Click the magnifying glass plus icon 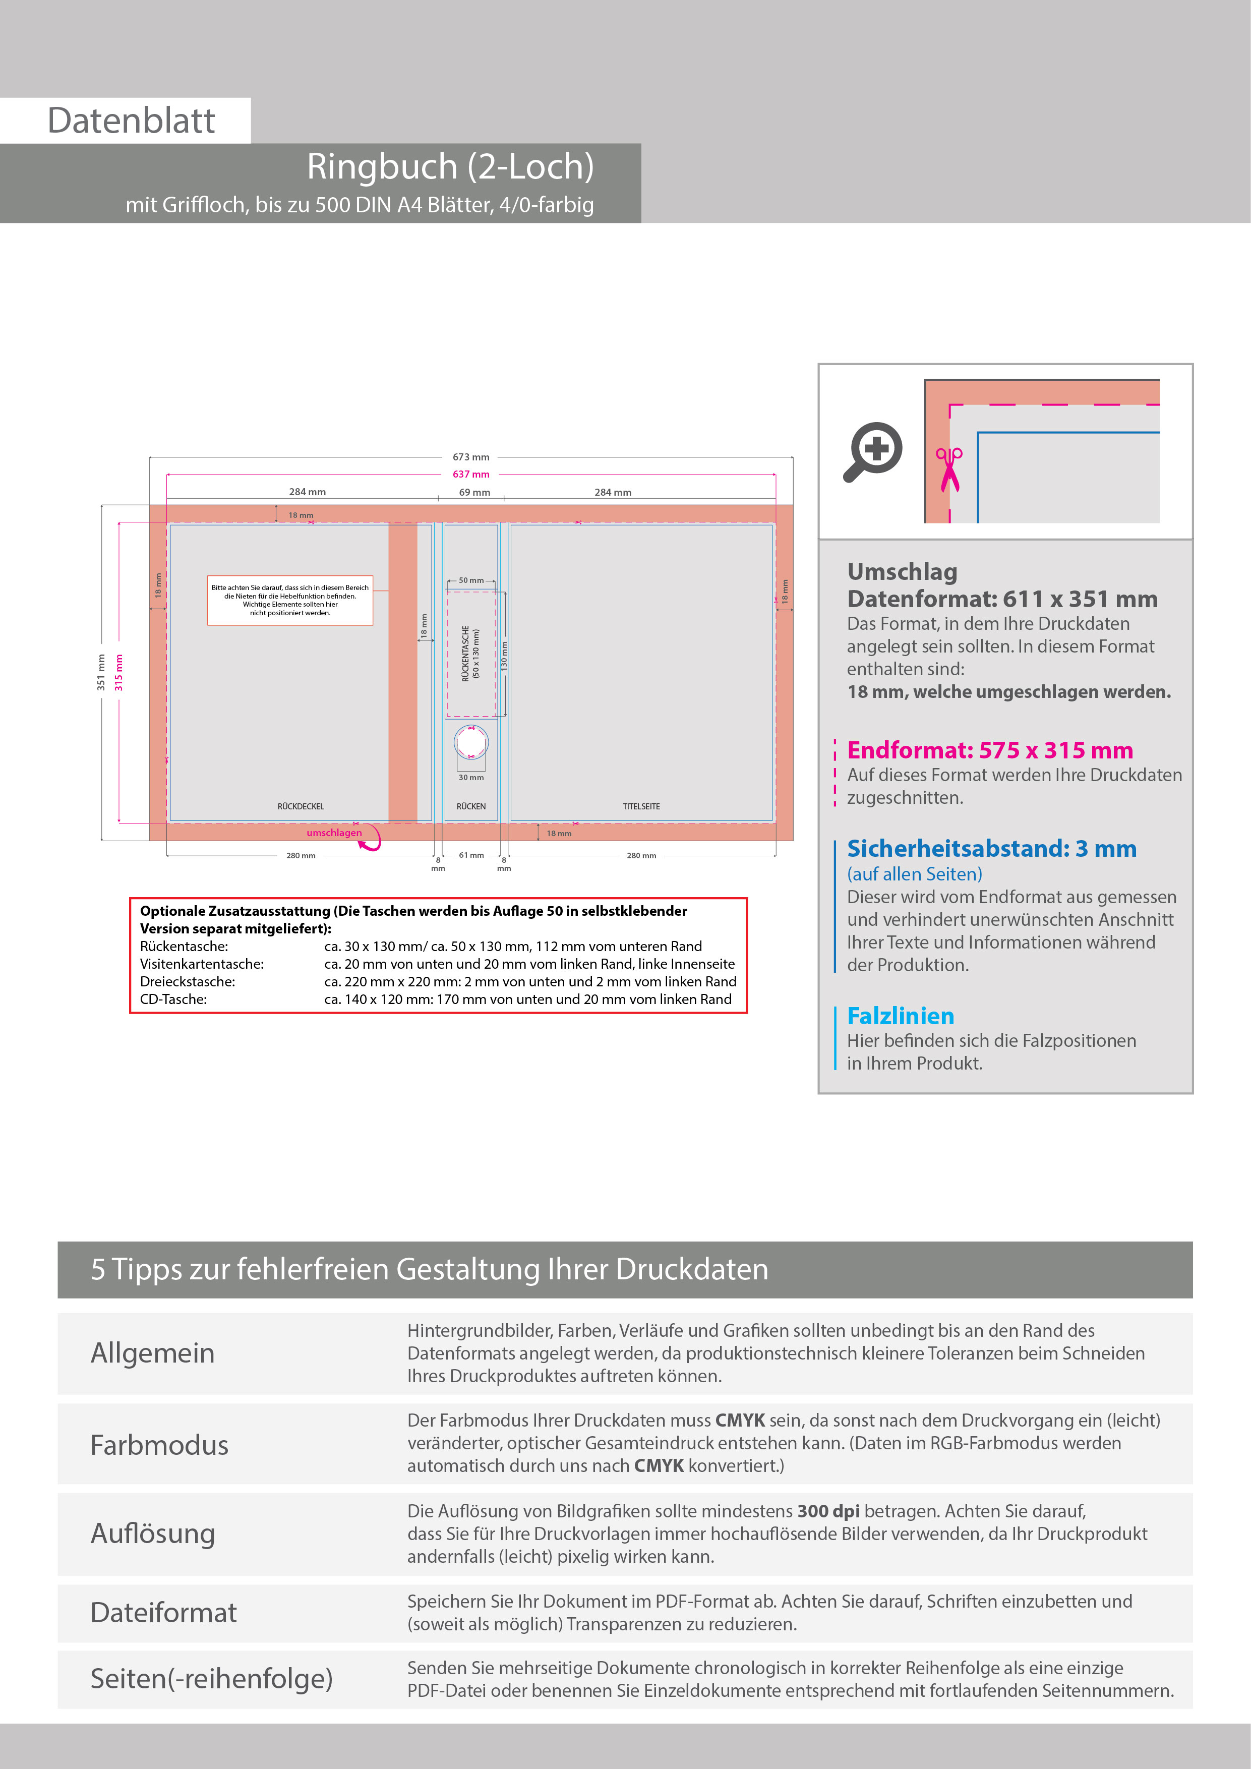[x=873, y=451]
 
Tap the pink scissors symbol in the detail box [x=949, y=468]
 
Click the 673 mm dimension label [x=470, y=457]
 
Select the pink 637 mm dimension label [x=470, y=475]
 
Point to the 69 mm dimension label [x=474, y=492]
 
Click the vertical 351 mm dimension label [x=101, y=672]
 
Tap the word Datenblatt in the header [x=131, y=121]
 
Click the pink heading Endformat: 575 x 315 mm [x=989, y=750]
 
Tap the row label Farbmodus [x=159, y=1445]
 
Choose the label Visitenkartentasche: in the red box [x=202, y=964]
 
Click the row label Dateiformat [x=163, y=1613]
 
